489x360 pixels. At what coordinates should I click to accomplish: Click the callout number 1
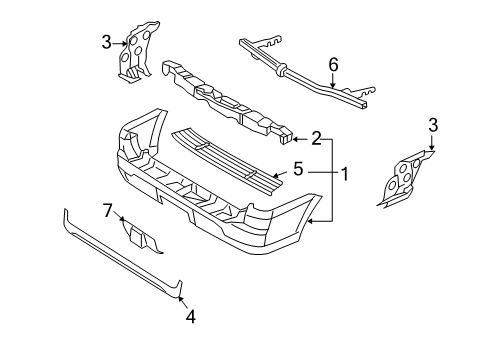point(344,174)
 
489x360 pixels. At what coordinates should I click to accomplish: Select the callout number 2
point(316,138)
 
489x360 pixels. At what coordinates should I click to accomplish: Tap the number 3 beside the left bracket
point(107,42)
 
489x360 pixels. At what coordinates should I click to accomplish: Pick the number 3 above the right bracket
point(432,125)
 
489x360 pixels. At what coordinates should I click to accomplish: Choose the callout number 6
point(334,64)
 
